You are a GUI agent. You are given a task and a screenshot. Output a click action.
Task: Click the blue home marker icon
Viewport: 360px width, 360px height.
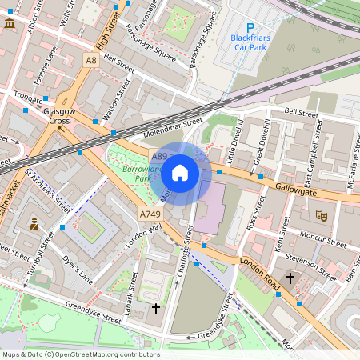click(180, 173)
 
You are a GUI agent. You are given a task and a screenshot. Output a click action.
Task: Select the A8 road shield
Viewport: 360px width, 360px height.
click(92, 60)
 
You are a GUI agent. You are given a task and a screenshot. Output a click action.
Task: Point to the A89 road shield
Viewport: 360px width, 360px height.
click(160, 157)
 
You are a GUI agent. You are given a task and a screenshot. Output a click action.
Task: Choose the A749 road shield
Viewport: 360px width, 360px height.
click(150, 214)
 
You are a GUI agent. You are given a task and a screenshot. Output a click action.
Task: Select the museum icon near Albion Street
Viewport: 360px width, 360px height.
click(10, 26)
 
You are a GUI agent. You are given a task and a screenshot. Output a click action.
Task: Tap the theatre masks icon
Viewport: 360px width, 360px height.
click(322, 214)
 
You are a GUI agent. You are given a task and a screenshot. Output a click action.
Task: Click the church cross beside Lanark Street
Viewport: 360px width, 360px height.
click(156, 307)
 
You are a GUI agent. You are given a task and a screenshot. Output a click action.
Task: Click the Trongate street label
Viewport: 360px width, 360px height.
click(28, 99)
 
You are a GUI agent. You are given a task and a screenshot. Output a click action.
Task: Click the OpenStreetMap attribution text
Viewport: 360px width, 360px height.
click(81, 354)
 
